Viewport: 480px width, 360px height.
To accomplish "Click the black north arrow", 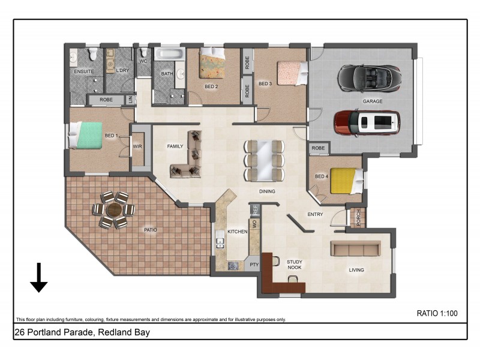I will [39, 277].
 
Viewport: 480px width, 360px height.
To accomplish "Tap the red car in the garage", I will [367, 122].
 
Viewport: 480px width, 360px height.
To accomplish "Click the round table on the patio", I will [113, 210].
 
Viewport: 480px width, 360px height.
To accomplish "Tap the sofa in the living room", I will [356, 248].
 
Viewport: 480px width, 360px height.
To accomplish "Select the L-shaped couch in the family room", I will [188, 157].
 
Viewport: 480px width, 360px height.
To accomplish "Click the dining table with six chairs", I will [264, 160].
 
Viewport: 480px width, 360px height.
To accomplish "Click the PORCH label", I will [359, 219].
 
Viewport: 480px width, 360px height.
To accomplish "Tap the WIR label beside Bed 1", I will [137, 146].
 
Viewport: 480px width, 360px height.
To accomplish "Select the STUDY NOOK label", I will [294, 265].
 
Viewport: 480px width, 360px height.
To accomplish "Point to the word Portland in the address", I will [44, 332].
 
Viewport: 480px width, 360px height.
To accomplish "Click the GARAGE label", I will [372, 101].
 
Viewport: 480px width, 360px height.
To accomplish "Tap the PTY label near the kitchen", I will [254, 264].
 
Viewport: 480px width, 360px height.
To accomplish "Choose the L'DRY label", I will [122, 71].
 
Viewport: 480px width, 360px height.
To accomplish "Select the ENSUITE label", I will [83, 71].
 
